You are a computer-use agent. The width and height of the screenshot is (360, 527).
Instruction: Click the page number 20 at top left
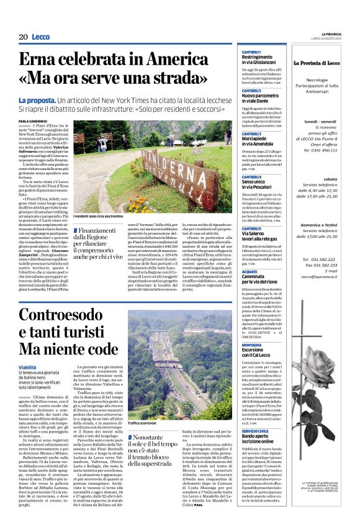coord(24,37)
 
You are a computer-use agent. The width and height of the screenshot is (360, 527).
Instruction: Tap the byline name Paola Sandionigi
coord(32,122)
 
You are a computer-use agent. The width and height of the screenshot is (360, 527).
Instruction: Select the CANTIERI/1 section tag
coord(252,52)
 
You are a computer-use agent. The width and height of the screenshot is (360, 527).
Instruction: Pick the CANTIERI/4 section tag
coord(252,177)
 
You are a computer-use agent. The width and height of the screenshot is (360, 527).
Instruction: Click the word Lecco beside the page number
coord(41,37)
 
